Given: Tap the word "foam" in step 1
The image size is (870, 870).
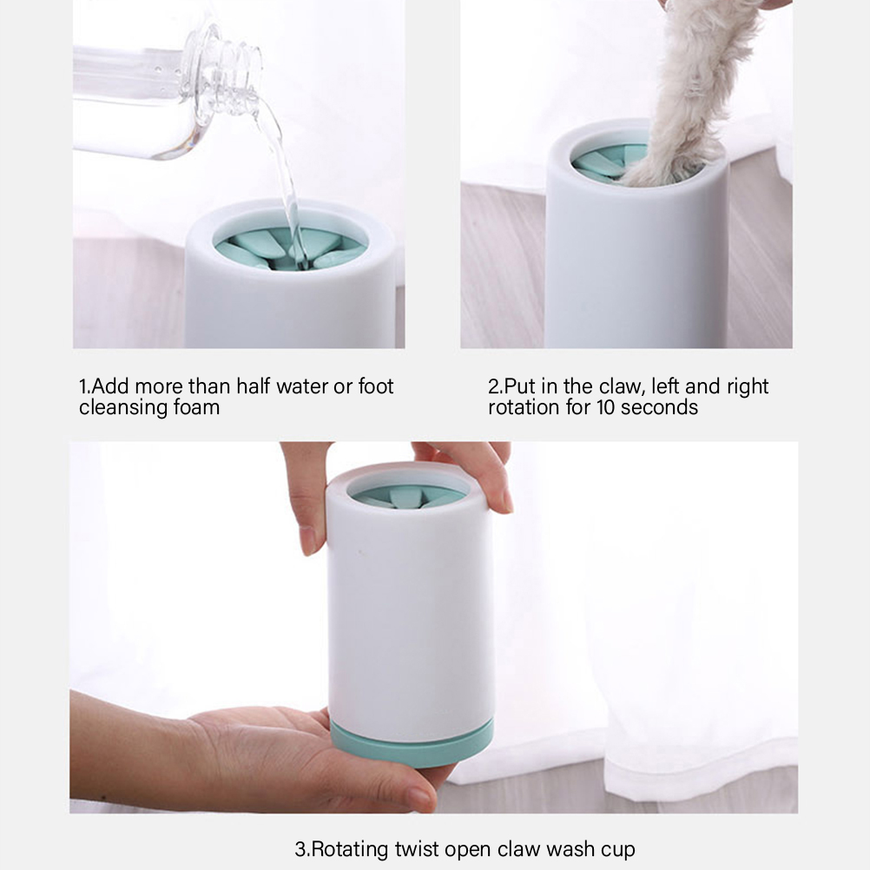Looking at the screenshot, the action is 196,407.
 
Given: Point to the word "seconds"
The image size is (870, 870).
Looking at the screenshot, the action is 659,407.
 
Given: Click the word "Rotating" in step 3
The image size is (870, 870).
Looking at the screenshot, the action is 350,849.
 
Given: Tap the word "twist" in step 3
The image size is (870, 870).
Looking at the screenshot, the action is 418,849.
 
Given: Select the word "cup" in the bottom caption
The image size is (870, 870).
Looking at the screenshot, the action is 616,850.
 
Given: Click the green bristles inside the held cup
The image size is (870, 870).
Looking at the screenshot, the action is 409,497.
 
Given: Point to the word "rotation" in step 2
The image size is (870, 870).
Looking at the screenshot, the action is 524,407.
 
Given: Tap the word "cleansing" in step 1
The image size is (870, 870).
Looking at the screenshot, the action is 123,407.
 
